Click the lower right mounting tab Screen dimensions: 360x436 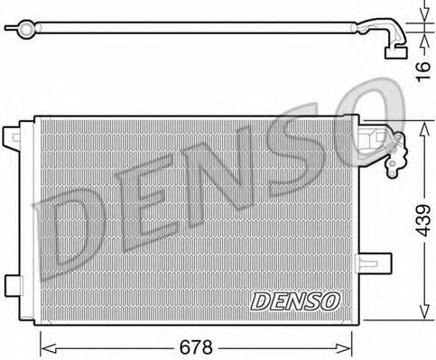click(373, 263)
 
